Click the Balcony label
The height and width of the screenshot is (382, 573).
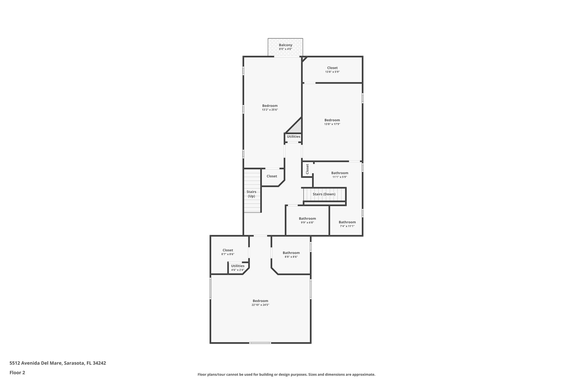click(285, 45)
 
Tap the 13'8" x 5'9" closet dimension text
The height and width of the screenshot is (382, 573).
click(332, 72)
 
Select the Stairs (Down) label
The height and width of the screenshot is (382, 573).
click(324, 194)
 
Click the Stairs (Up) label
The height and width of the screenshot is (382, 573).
click(251, 194)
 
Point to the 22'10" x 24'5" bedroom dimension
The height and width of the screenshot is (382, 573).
click(260, 305)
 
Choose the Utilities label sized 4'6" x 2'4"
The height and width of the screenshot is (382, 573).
click(238, 266)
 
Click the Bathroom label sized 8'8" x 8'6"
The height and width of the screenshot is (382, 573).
click(291, 253)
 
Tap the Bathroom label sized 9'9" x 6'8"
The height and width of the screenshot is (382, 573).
click(307, 219)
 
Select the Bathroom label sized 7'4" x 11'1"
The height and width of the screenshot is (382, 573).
click(347, 222)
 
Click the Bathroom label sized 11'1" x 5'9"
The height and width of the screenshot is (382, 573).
click(340, 173)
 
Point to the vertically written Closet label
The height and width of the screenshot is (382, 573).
click(307, 169)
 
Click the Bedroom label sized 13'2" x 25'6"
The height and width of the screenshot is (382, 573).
click(270, 106)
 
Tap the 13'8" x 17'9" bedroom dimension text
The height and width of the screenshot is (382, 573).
click(332, 124)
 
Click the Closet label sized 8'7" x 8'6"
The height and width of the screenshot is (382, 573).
click(228, 250)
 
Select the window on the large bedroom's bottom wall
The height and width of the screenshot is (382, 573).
click(260, 343)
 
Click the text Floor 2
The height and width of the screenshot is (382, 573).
click(17, 372)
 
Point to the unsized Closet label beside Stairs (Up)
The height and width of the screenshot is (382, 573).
click(272, 176)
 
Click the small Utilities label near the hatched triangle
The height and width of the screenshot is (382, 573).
click(293, 137)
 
